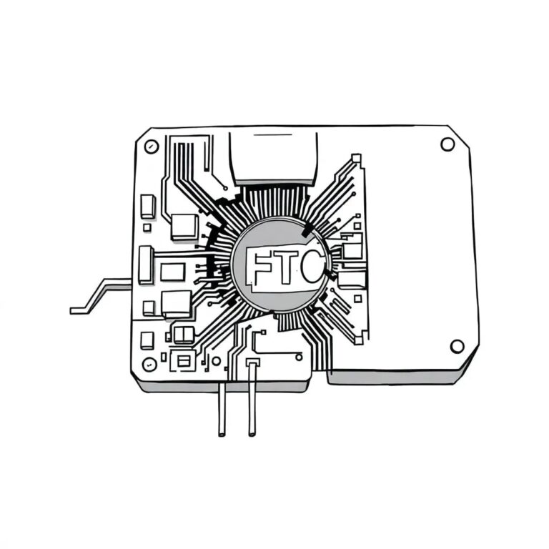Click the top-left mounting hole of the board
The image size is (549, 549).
(150, 147)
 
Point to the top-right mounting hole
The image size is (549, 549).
(447, 144)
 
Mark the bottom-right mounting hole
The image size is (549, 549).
(457, 347)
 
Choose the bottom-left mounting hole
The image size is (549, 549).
(149, 363)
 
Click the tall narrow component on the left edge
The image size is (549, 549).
(146, 264)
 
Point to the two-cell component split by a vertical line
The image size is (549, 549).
(184, 334)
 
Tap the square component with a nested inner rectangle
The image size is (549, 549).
(184, 360)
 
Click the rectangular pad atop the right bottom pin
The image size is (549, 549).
(252, 364)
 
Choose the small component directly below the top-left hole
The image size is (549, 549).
(149, 206)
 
